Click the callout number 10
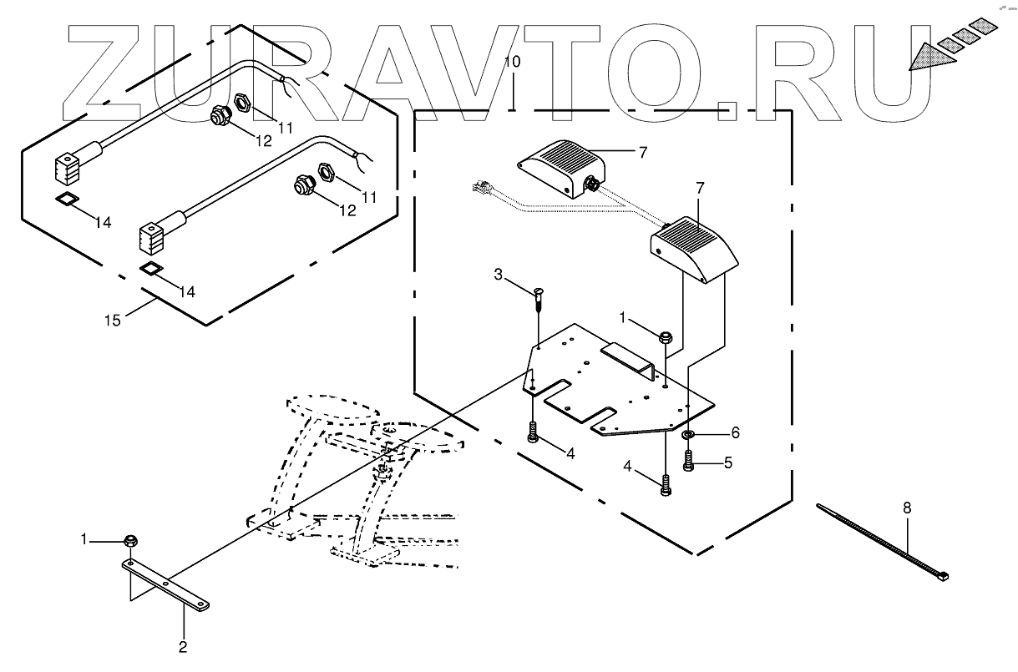[513, 63]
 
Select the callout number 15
[113, 319]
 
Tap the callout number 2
[184, 645]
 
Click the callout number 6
[735, 432]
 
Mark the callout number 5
[728, 462]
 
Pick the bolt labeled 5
[689, 461]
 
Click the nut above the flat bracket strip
[130, 541]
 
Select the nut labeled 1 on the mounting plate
[666, 338]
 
